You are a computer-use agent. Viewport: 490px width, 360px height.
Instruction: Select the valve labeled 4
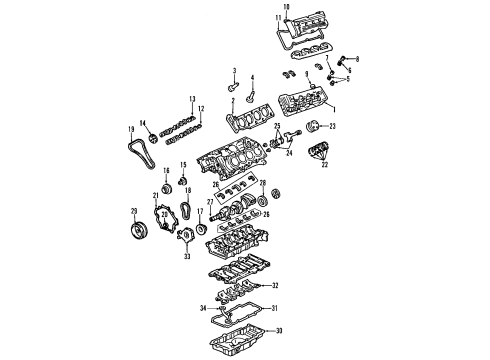(x=251, y=95)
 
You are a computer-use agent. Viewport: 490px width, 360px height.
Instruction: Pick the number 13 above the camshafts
(x=191, y=98)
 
